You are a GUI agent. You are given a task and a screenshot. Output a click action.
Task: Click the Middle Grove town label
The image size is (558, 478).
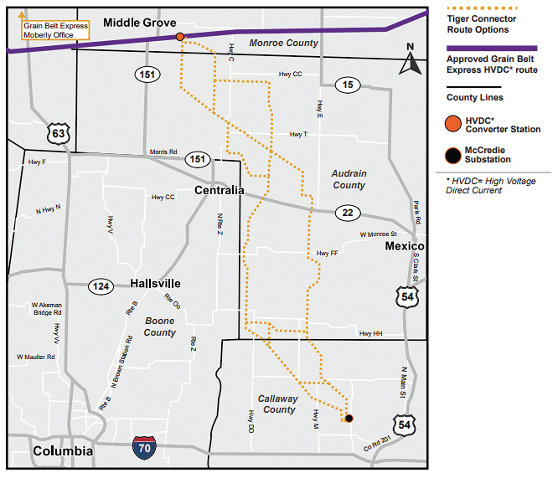[139, 23]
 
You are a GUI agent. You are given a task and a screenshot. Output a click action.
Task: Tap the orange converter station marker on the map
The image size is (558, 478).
[180, 37]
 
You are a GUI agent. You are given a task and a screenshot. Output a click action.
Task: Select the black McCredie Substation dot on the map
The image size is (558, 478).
[349, 418]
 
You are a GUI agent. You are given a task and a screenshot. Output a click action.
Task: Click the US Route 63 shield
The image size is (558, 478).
[58, 132]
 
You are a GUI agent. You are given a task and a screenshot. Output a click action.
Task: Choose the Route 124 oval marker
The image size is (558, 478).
[101, 287]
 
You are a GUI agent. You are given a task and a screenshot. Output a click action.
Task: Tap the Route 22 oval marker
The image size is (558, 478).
[348, 213]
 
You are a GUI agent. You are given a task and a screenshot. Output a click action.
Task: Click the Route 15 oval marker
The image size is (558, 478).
[347, 85]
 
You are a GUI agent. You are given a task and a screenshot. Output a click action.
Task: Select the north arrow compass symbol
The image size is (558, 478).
[410, 60]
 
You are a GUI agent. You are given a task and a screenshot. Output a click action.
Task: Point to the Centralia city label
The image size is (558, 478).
[219, 190]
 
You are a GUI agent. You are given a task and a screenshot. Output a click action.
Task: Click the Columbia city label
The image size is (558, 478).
[63, 451]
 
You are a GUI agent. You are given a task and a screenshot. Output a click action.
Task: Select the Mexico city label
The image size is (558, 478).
[405, 246]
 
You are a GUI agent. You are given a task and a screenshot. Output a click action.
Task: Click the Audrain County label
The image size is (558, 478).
[349, 179]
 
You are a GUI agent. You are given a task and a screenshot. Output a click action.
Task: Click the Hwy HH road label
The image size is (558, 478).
[370, 333]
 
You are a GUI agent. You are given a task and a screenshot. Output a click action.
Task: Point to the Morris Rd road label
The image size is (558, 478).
[164, 152]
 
